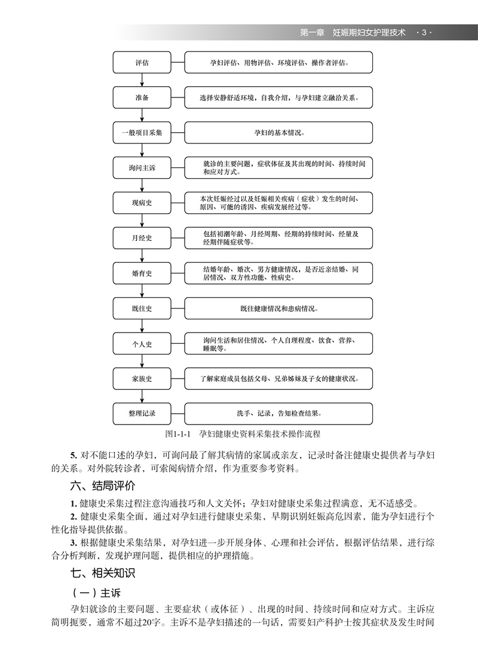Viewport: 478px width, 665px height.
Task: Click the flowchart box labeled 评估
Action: coord(142,62)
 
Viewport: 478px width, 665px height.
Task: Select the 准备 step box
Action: coord(142,97)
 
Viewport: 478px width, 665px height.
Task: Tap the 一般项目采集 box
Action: coord(142,132)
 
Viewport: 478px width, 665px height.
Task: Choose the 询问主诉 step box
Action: coord(142,167)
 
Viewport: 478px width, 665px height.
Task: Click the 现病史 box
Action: coord(142,203)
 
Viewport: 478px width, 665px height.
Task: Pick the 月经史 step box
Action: coord(142,238)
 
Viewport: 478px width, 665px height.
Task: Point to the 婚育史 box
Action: coord(142,273)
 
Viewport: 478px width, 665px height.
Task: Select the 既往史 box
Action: coord(142,308)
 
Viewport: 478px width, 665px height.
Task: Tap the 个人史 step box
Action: coord(142,343)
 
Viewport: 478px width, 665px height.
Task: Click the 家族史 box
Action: coord(142,379)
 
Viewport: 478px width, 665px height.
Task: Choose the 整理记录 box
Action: coord(142,413)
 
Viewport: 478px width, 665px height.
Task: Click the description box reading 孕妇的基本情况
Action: coord(278,132)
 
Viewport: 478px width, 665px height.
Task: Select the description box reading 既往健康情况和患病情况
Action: coord(278,308)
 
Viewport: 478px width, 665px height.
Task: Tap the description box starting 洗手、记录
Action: coord(278,413)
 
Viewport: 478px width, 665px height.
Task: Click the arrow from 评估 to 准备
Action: coord(142,80)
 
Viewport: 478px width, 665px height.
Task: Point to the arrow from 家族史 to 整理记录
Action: coord(142,396)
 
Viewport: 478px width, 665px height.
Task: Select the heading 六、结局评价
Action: coord(102,486)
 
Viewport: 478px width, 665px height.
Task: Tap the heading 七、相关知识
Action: coord(102,573)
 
